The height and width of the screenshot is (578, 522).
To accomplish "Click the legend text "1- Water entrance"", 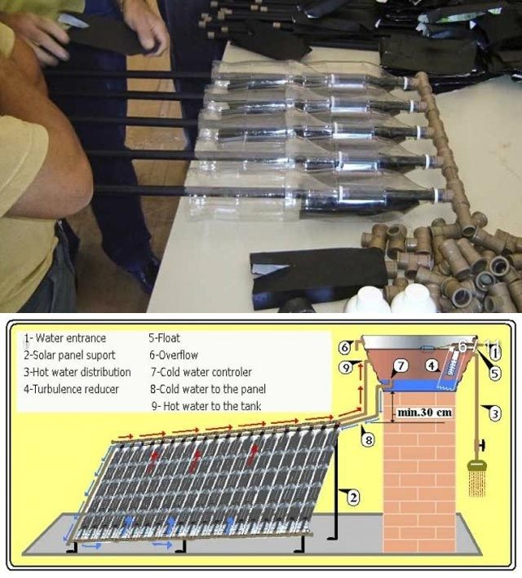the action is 65,338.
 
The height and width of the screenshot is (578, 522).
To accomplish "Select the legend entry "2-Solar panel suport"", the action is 69,355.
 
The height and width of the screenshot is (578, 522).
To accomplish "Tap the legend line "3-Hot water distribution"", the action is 77,372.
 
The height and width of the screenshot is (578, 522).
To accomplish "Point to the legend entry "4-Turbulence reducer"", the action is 71,389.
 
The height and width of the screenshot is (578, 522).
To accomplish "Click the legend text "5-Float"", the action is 164,338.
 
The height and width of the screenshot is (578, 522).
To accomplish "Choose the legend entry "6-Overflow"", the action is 174,355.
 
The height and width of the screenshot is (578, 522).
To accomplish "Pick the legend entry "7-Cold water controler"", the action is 201,372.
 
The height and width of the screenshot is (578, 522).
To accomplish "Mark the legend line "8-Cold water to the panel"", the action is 208,389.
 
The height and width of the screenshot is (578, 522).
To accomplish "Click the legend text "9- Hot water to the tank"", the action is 206,406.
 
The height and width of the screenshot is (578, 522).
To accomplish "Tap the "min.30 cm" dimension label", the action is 425,413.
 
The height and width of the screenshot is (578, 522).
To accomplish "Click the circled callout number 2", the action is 353,498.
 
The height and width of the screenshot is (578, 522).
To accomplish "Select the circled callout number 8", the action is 369,439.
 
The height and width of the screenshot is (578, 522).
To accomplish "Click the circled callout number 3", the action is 495,413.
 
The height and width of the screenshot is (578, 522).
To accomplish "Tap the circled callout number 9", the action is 346,368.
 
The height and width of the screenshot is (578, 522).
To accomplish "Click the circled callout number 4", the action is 431,366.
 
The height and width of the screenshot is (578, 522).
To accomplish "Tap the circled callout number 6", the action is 344,347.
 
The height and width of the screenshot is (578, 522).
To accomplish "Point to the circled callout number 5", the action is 495,373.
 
